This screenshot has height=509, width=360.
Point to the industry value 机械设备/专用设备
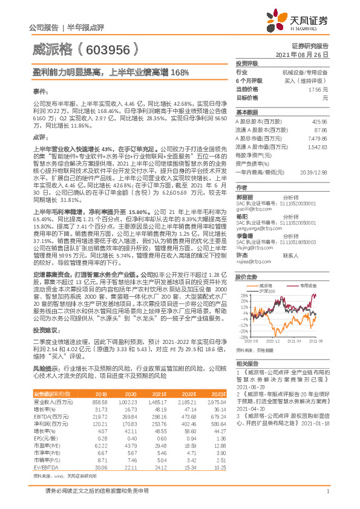305,71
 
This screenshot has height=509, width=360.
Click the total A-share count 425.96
319,122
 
